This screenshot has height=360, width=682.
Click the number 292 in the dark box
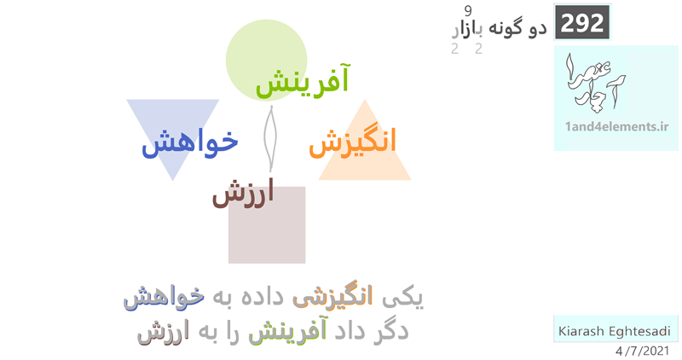[x=582, y=23]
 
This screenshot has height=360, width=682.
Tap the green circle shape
[x=266, y=60]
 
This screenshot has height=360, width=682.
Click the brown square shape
[x=267, y=225]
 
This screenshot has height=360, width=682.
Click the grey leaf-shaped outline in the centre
[x=270, y=138]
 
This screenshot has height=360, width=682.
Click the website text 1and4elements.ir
[x=616, y=126]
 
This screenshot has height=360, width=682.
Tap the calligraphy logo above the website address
[x=594, y=81]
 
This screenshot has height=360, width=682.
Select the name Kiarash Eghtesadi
[x=614, y=331]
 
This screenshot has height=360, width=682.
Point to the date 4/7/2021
[x=643, y=351]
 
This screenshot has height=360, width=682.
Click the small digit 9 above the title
[x=468, y=10]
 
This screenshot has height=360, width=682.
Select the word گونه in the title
[x=506, y=27]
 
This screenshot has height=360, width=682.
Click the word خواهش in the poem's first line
[x=164, y=298]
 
